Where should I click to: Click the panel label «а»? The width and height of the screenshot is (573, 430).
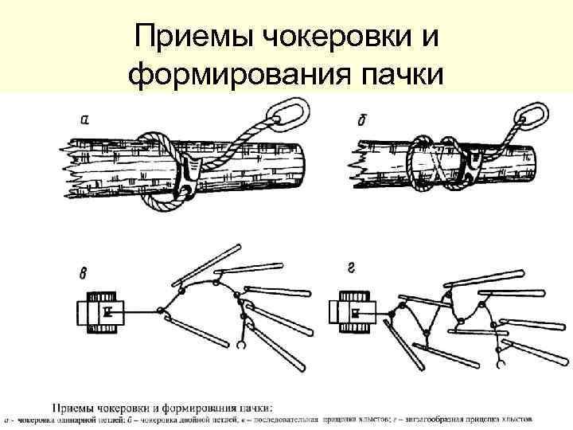[85, 120]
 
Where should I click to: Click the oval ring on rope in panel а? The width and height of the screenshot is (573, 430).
[283, 115]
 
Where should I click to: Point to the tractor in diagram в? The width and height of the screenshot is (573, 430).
[103, 312]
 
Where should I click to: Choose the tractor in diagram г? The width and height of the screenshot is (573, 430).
[353, 311]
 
